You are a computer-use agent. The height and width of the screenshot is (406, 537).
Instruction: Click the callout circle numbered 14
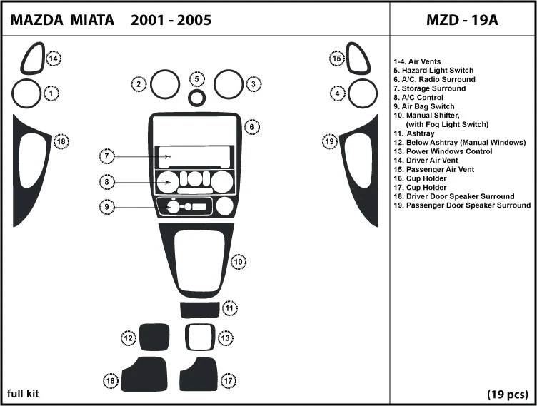point(53,59)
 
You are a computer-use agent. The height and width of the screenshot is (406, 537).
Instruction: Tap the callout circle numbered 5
point(197,78)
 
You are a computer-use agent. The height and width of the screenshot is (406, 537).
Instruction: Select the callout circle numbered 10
point(239,262)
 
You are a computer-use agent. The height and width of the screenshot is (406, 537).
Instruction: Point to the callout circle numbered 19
point(329,141)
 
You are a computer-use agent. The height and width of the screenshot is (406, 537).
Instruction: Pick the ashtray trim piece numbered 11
point(199,310)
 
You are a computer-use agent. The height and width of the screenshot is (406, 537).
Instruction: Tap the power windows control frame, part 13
point(199,337)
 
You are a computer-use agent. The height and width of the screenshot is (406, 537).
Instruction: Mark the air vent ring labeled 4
point(363,93)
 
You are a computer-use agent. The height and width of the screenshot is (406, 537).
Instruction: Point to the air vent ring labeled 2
point(164,85)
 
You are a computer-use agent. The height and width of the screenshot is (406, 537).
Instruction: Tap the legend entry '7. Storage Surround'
point(429,88)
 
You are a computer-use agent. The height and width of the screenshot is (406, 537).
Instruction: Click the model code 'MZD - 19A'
point(462,20)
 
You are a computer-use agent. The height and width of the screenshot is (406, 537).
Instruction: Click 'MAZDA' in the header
point(35,20)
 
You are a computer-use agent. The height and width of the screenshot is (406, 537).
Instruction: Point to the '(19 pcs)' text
point(507,394)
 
